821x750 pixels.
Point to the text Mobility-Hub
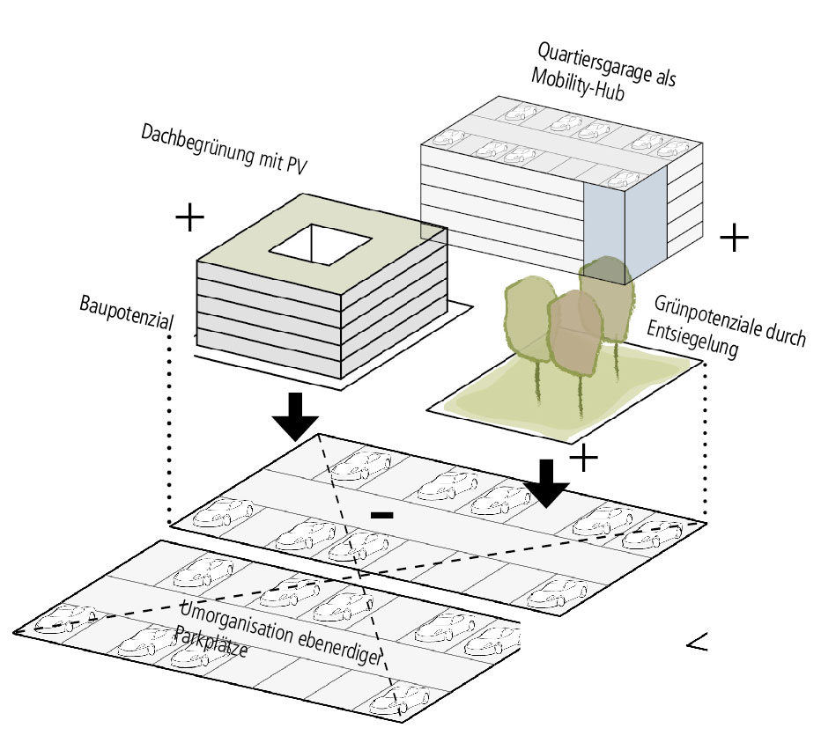(578, 85)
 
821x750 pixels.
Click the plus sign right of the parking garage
(734, 238)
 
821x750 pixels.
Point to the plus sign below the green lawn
(583, 458)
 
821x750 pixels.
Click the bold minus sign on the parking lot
(381, 514)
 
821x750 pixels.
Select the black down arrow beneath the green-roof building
(295, 417)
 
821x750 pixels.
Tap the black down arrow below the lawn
(548, 483)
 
